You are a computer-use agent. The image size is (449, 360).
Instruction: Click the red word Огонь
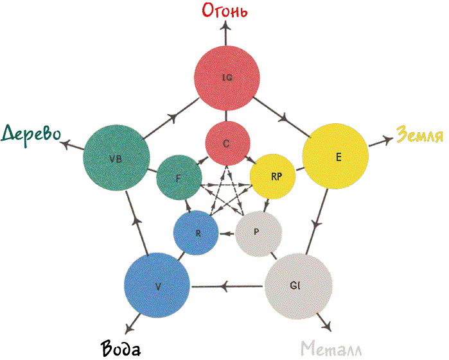225,10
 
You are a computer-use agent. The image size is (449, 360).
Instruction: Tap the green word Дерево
31,135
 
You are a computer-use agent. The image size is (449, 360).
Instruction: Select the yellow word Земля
420,134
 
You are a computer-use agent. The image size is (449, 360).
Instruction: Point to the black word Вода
121,348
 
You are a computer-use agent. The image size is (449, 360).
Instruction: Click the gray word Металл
331,348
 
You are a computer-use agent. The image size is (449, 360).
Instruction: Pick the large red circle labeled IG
227,78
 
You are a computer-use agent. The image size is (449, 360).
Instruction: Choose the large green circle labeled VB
116,158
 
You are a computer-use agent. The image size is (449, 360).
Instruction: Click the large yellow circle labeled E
335,156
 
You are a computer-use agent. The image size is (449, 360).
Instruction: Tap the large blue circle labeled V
157,286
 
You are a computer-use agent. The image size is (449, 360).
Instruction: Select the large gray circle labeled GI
298,286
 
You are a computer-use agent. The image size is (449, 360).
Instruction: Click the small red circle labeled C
227,143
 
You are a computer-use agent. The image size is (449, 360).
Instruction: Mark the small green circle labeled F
179,177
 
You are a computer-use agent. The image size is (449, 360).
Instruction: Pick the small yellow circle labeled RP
272,176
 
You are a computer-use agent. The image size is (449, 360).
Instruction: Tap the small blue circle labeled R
196,233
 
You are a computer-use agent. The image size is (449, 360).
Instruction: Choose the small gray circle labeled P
259,234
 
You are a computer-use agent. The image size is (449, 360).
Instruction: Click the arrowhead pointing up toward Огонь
226,26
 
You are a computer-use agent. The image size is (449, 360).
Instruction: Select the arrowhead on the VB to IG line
173,117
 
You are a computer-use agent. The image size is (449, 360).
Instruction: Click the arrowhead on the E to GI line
316,224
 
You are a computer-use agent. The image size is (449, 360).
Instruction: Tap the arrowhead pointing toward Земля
389,139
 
